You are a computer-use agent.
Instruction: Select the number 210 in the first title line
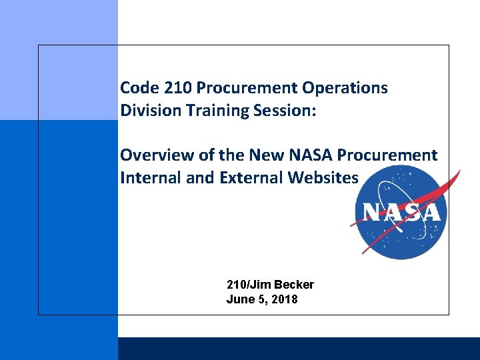(x=171, y=88)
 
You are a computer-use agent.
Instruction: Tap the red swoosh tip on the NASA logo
(x=457, y=175)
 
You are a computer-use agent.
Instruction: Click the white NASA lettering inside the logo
(x=401, y=213)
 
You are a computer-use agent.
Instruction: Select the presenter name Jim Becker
(x=281, y=285)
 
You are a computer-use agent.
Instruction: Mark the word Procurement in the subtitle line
(x=387, y=155)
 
